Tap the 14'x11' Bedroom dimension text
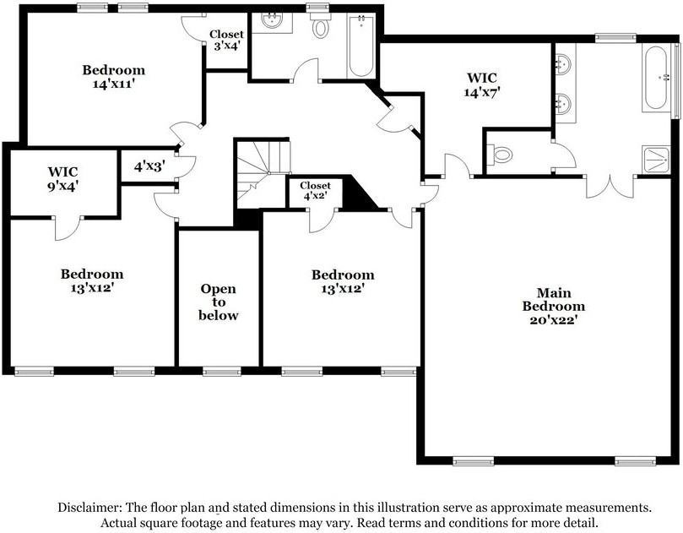113,84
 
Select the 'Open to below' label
219,302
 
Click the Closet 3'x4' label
226,41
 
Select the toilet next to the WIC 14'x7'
501,155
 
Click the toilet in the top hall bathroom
320,27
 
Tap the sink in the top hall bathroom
272,21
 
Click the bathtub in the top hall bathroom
360,46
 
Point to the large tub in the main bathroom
656,79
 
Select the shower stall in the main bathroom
655,159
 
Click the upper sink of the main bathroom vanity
563,64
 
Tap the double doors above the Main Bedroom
610,186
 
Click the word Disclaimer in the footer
89,508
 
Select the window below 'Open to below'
221,371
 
